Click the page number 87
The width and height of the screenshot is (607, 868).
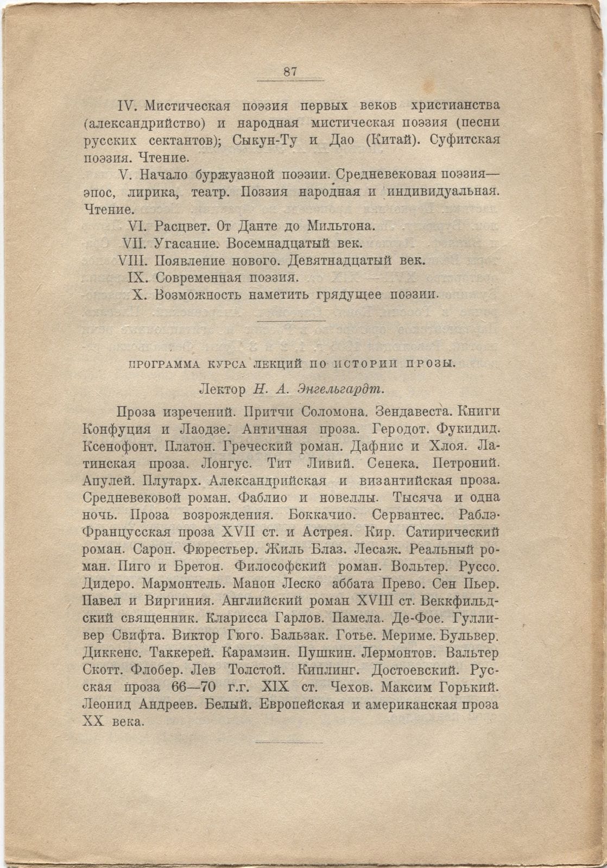[x=290, y=72]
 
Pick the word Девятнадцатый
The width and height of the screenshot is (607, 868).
[x=340, y=260]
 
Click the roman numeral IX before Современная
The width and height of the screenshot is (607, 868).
[x=138, y=278]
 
